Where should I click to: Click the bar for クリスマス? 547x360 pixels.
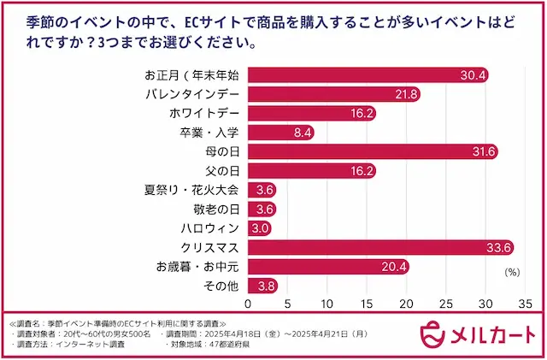coord(380,247)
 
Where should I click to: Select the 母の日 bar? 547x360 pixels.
coord(373,151)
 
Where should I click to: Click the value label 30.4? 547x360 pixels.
coord(473,75)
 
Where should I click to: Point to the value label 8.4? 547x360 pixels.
coord(302,133)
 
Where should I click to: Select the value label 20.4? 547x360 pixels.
coord(393,267)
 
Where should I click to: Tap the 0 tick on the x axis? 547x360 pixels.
coord(249,304)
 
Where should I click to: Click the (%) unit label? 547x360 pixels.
coord(514,272)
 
